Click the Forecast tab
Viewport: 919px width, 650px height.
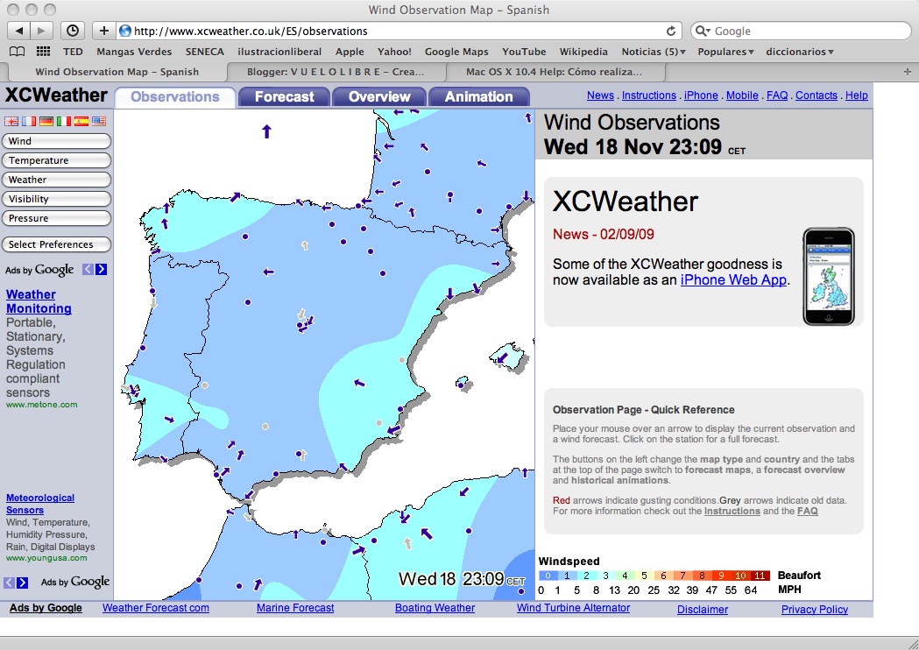click(284, 96)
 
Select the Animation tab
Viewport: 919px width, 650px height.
click(478, 96)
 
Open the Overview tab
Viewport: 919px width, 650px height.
click(379, 96)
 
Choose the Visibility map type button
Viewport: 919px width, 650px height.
click(57, 199)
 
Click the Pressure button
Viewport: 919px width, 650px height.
click(57, 218)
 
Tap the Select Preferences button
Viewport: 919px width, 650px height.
click(57, 244)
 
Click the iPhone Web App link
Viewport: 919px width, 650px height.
click(733, 280)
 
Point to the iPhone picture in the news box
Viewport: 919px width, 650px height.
click(828, 277)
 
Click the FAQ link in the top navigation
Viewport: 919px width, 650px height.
click(777, 95)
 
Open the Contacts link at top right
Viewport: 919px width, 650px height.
click(816, 95)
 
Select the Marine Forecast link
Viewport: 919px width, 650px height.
click(295, 608)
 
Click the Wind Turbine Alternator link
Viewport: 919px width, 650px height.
click(573, 608)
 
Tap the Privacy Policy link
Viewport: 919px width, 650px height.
click(815, 610)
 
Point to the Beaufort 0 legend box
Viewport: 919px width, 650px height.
click(548, 576)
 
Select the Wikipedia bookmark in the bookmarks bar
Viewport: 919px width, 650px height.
click(583, 52)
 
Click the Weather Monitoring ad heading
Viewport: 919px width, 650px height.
click(39, 301)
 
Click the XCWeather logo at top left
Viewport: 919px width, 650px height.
click(57, 95)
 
